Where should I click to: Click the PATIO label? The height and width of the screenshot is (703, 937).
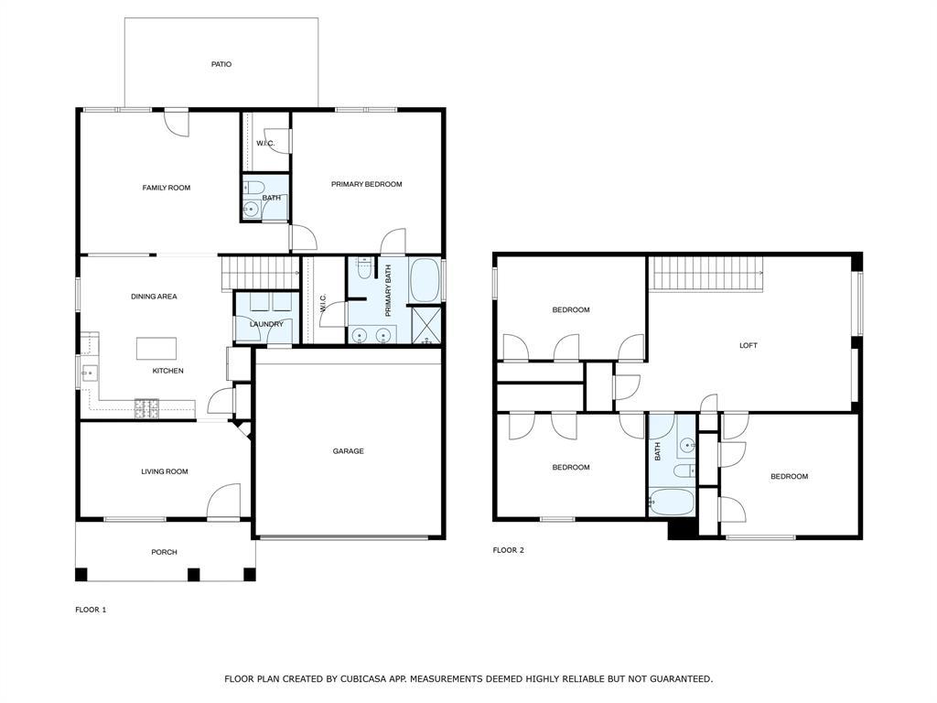pos(221,65)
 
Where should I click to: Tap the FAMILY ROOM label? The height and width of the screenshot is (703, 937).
pos(167,188)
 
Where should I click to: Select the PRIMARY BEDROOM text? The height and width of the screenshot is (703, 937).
pos(366,184)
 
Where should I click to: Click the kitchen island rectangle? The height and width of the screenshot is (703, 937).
pos(157,349)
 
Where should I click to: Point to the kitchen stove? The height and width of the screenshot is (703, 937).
pos(146,407)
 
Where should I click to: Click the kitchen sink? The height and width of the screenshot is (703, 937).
pos(90,373)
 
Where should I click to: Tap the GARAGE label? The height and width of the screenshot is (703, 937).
pos(348,451)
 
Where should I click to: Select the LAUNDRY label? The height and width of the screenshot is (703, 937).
pos(266,324)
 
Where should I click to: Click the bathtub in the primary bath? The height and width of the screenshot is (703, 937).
pos(425,280)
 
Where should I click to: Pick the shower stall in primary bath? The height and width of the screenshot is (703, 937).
pos(425,325)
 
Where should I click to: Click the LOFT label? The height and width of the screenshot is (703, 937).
pos(749,346)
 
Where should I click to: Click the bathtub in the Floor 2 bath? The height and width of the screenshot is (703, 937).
pos(671,500)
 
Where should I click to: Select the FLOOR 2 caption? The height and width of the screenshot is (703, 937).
pos(509,550)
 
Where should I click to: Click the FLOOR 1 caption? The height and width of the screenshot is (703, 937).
pos(91,610)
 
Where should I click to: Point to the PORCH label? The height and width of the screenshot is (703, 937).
pos(165,552)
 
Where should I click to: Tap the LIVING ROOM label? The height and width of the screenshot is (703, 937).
pos(165,472)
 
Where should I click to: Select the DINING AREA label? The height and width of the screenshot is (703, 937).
pos(154,297)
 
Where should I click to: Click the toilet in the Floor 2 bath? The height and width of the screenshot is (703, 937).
pos(683,471)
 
